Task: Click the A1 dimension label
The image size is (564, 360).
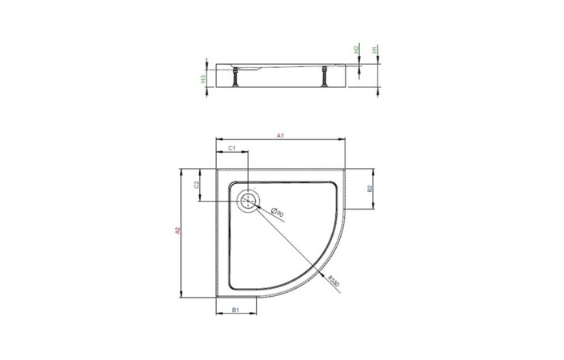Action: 281,138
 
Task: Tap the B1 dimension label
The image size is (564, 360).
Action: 237,310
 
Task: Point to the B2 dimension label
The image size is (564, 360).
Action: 369,190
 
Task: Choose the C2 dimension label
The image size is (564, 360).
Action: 198,185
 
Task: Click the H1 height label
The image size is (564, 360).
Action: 374,50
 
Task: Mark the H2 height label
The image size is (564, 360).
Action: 355,50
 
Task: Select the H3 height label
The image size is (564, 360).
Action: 204,78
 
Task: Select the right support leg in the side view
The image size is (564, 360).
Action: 324,78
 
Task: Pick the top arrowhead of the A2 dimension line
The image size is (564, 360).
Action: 183,170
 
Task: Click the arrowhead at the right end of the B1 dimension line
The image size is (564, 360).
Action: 257,314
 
